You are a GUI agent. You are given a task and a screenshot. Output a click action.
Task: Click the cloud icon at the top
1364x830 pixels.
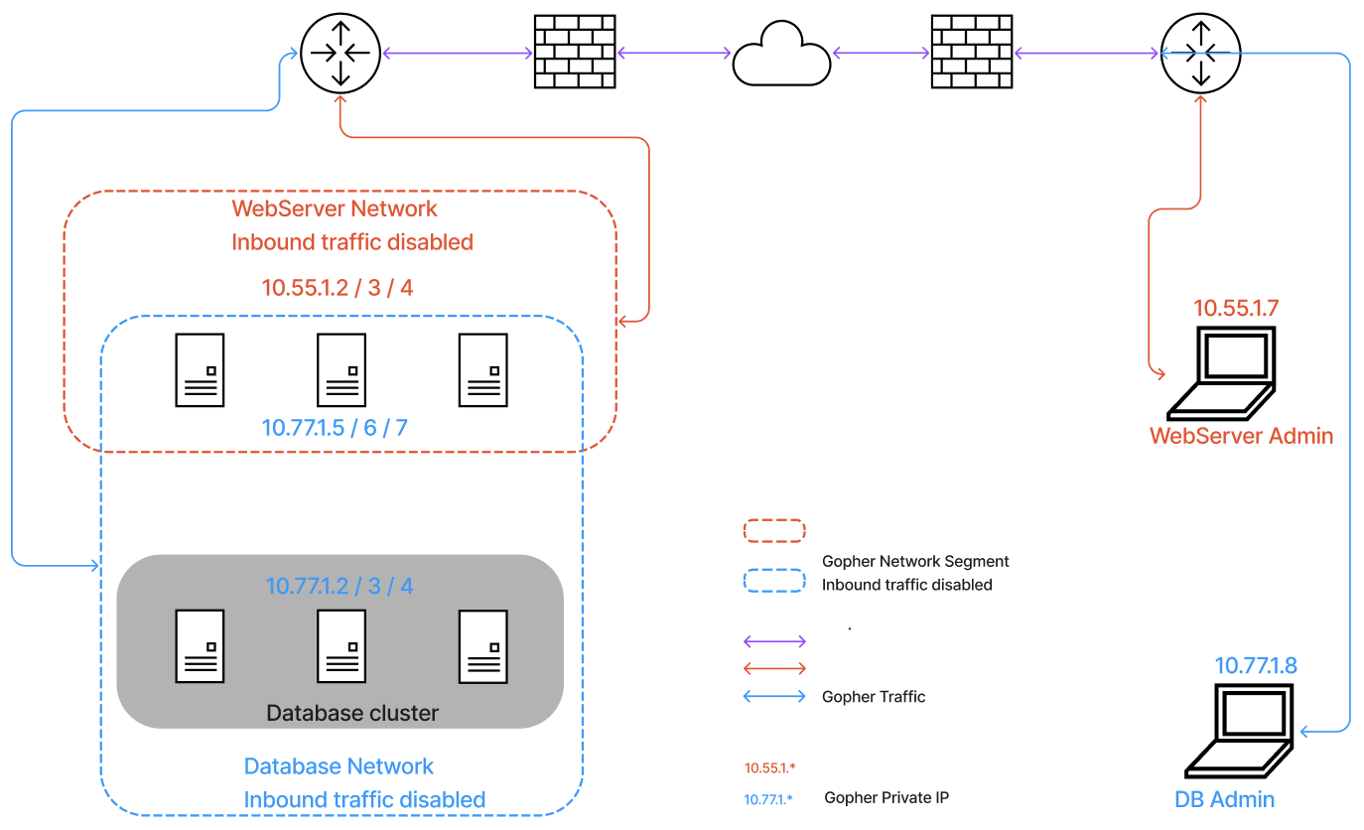click(x=781, y=57)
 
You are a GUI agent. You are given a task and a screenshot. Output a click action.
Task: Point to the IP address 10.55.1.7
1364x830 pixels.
click(x=1236, y=308)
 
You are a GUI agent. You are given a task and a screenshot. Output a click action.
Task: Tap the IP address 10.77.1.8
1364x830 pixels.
click(x=1256, y=665)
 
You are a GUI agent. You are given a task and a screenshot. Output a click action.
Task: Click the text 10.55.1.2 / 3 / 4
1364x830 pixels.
click(x=338, y=288)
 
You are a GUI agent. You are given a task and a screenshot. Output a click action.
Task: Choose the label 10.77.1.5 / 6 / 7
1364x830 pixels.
click(x=335, y=428)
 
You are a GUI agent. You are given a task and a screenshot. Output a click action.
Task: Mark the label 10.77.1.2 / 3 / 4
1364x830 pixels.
click(x=340, y=586)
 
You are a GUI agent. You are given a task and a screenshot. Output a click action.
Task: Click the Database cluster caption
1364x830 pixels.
click(x=352, y=713)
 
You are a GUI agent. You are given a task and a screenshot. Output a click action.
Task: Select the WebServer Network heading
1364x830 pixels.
click(x=335, y=208)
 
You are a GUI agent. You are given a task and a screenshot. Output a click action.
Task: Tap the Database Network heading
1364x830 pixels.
click(x=339, y=766)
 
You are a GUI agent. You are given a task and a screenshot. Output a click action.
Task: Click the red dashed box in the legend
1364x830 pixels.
click(x=773, y=530)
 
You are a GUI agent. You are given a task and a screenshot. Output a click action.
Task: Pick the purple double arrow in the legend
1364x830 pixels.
click(x=774, y=641)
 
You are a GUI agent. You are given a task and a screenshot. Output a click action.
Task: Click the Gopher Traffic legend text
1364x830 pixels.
click(x=874, y=697)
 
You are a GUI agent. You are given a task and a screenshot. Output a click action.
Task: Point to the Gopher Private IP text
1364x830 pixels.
click(x=887, y=797)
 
